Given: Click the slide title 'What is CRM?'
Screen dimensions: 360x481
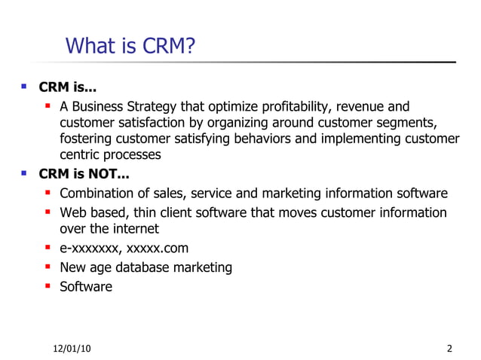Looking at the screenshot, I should [x=130, y=47].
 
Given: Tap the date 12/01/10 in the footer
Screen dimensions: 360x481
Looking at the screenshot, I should [x=74, y=348].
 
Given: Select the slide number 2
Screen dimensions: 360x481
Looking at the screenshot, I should [x=450, y=348].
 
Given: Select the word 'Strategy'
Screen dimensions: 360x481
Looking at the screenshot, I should [x=161, y=106].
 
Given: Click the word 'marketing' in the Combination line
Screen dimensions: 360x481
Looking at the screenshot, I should [x=311, y=193].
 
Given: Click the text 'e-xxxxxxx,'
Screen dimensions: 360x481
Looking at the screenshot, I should [x=90, y=248].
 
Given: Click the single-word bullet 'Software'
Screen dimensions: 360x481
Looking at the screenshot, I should [x=86, y=286].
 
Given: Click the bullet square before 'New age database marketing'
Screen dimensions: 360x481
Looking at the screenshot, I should [x=48, y=267].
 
